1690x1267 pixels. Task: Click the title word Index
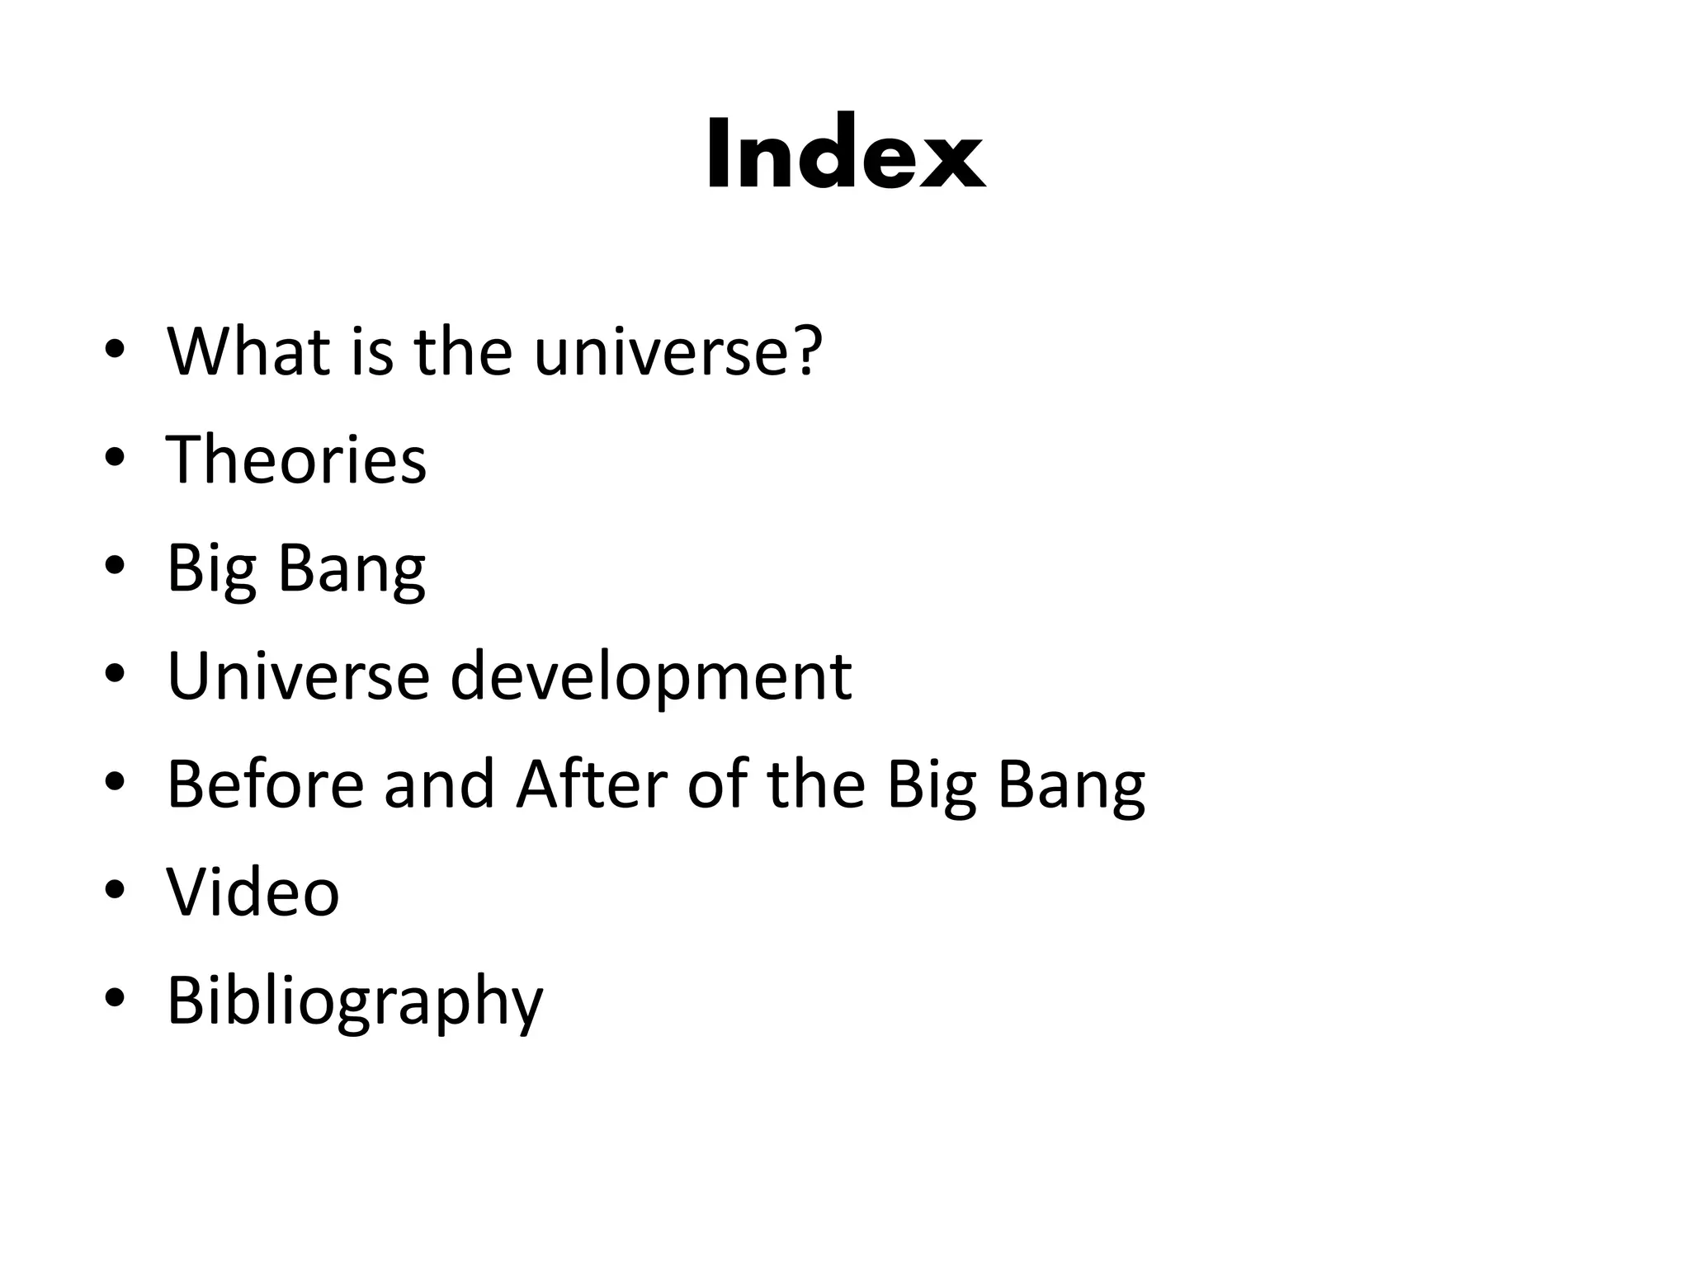pyautogui.click(x=845, y=154)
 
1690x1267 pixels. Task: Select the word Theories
pyautogui.click(x=296, y=459)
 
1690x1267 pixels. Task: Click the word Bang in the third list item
pyautogui.click(x=352, y=568)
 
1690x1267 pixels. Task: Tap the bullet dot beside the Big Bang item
pyautogui.click(x=115, y=566)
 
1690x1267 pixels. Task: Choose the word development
pyautogui.click(x=650, y=676)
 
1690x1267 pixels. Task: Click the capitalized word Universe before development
pyautogui.click(x=298, y=676)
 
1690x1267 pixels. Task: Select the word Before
pyautogui.click(x=265, y=784)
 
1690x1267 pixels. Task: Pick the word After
pyautogui.click(x=592, y=784)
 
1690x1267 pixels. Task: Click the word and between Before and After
pyautogui.click(x=439, y=784)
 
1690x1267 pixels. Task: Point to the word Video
pyautogui.click(x=253, y=892)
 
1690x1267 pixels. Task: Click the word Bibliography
pyautogui.click(x=355, y=1001)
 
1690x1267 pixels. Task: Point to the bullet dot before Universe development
pyautogui.click(x=115, y=674)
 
